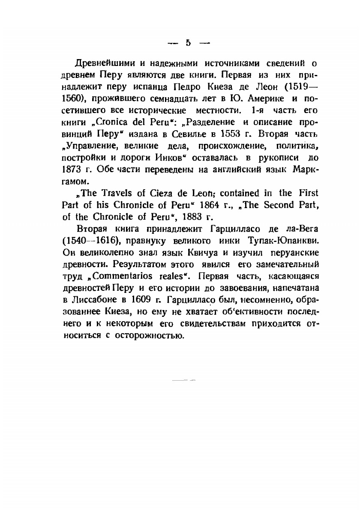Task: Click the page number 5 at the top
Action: pos(187,43)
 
